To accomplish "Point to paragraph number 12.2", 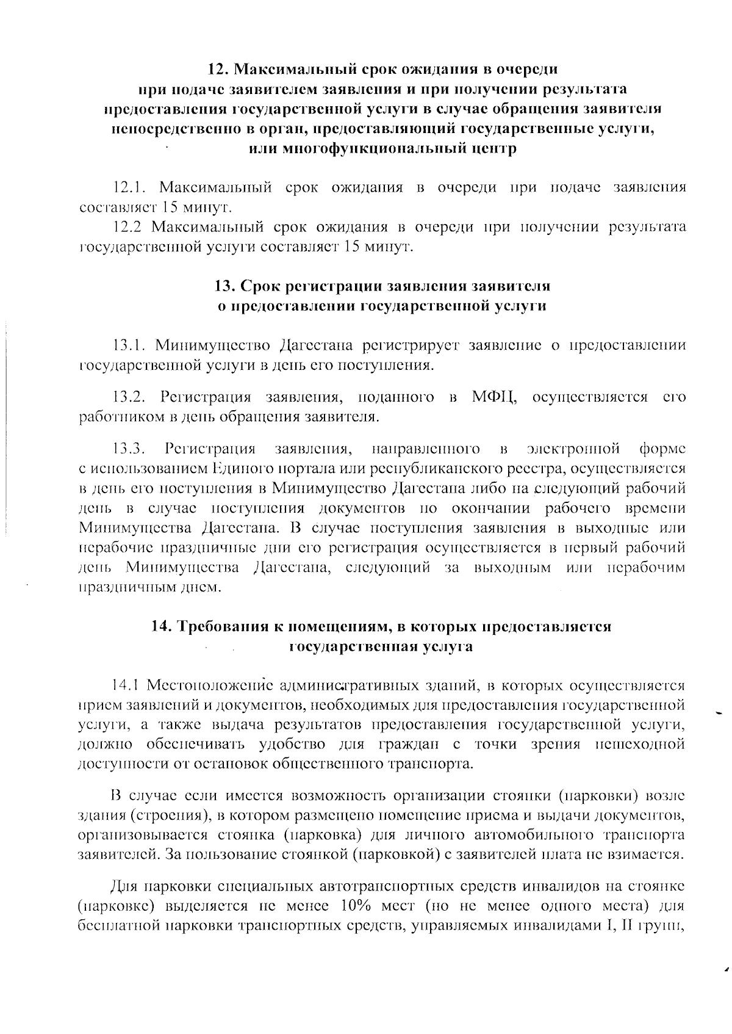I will (x=127, y=227).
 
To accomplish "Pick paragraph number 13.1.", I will (x=128, y=345).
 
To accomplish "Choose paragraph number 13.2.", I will (x=129, y=397).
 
